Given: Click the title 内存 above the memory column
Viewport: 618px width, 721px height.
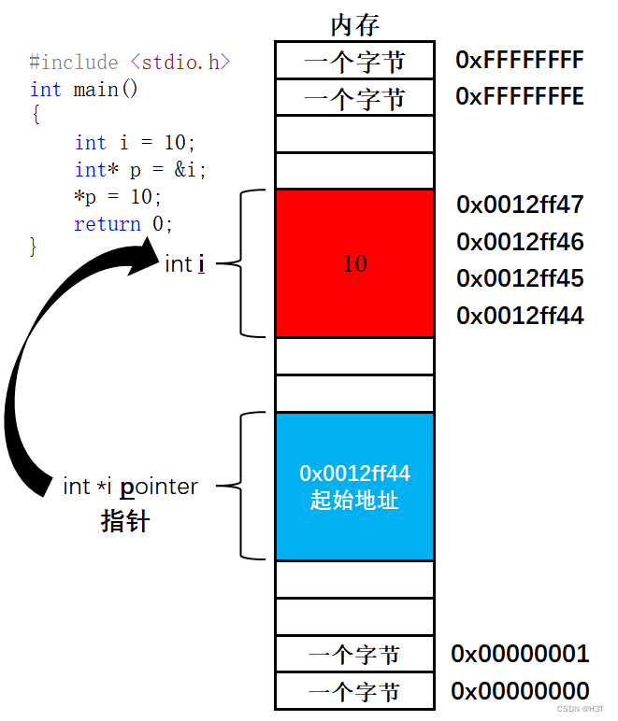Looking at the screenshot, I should [x=354, y=25].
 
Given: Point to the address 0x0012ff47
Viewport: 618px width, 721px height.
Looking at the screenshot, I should [x=520, y=205].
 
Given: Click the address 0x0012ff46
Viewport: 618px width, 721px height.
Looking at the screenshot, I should [x=520, y=243].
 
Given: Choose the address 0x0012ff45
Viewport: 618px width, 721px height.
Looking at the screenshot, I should [x=520, y=279].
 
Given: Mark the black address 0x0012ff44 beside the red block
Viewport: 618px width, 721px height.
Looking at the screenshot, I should [x=520, y=317].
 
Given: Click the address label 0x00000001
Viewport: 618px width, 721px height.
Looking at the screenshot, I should [x=520, y=654].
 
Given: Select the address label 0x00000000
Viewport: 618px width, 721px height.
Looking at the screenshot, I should [x=520, y=691].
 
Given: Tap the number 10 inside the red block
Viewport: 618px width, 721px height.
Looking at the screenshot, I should [x=354, y=264].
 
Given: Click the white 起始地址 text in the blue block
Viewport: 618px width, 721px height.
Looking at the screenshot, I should [x=354, y=501].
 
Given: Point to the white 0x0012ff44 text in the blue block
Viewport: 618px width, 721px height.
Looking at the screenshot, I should [x=354, y=474].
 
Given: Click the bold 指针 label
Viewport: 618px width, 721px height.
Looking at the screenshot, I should [x=124, y=521].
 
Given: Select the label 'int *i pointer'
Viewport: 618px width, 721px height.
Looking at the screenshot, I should [x=130, y=487].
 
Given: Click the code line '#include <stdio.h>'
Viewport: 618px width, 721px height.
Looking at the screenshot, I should [x=129, y=63].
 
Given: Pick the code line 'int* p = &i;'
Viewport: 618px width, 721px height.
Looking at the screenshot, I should [x=140, y=170].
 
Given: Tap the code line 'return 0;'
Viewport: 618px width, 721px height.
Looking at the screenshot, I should [x=123, y=224].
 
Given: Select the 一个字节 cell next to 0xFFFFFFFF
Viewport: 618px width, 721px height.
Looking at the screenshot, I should [x=354, y=62].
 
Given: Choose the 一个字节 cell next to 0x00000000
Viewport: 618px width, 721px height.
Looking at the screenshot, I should [x=354, y=692].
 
